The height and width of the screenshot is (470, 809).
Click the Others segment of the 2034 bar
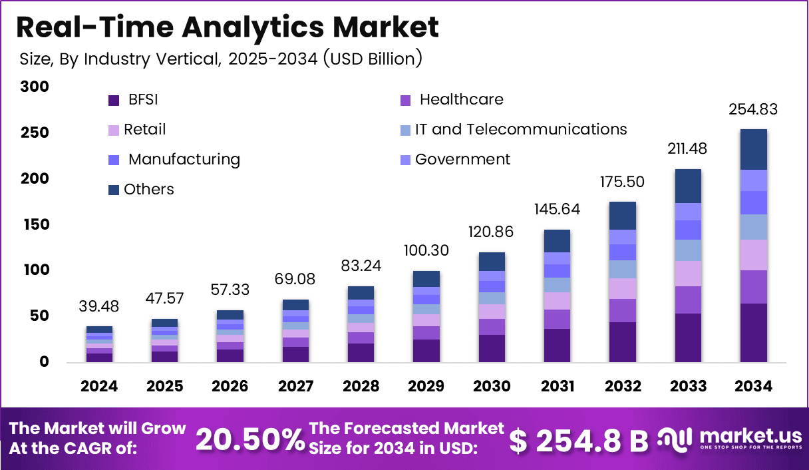pos(754,150)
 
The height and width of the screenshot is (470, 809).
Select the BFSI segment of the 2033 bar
pos(689,338)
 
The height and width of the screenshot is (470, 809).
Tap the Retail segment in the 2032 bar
pos(623,289)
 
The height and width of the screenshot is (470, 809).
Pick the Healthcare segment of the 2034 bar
pos(754,287)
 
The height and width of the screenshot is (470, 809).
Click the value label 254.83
pos(753,109)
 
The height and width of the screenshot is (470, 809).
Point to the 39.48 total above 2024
pos(99,306)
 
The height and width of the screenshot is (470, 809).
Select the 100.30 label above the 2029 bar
pos(426,250)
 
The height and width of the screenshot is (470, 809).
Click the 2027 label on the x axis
pos(296,386)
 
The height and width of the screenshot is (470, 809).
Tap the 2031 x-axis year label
pos(558,386)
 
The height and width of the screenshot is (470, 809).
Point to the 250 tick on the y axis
pos(35,132)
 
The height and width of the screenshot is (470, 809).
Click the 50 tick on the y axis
pos(39,316)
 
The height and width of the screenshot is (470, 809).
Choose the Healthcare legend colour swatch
pos(406,101)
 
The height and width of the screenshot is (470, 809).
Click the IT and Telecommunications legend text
pos(521,129)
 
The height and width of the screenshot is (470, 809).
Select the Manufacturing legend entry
pos(174,160)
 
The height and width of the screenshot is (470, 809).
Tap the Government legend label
pos(462,159)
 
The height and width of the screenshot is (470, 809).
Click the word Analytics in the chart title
pos(253,28)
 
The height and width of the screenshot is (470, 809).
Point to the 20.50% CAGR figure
pos(250,439)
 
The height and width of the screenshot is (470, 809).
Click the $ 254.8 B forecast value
pos(579,441)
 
